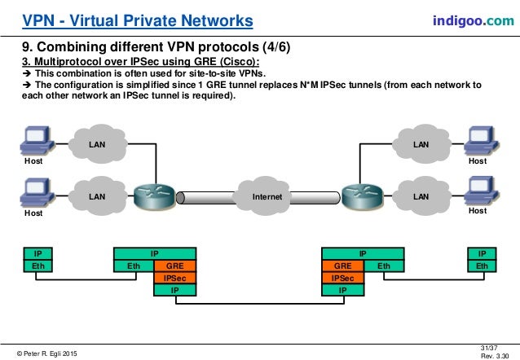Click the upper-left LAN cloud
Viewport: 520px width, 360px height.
(x=97, y=144)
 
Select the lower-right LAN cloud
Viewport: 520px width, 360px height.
(x=421, y=196)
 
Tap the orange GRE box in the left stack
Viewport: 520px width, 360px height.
(x=174, y=266)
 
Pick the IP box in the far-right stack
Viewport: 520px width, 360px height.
(x=482, y=254)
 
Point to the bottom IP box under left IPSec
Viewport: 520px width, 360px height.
(x=174, y=288)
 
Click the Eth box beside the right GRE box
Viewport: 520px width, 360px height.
(x=383, y=266)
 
